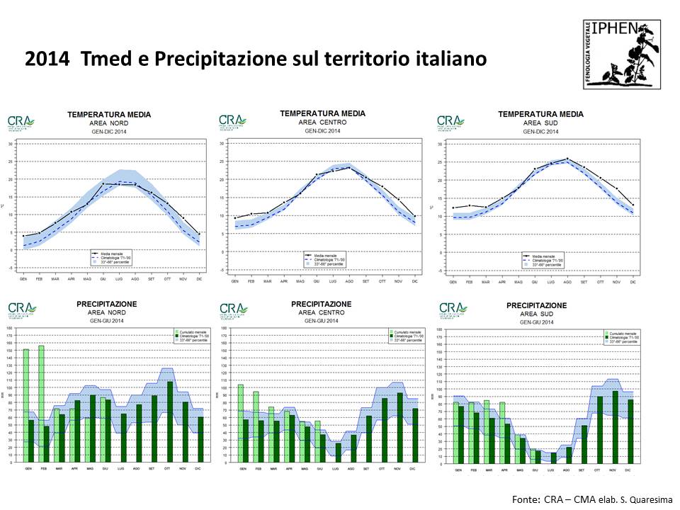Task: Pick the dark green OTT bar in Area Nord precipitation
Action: [x=170, y=422]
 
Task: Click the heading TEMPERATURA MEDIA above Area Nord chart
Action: [x=108, y=115]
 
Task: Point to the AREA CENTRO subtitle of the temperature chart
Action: [x=322, y=122]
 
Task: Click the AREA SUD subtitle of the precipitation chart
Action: [x=537, y=314]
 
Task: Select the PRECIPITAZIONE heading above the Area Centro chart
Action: [x=322, y=304]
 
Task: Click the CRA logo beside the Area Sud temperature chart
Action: [x=451, y=123]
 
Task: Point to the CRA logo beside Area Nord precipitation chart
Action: [x=21, y=310]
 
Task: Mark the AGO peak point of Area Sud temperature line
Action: [x=567, y=159]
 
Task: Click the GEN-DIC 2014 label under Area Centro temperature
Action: [x=322, y=131]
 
